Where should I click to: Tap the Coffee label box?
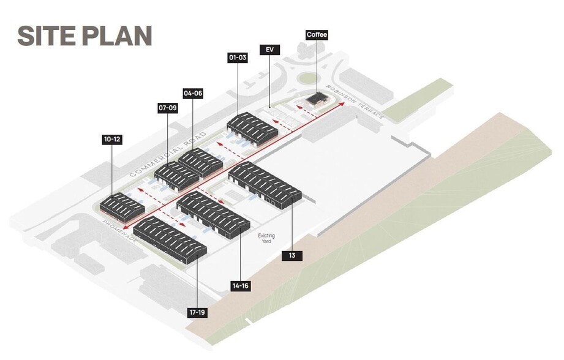click(x=317, y=35)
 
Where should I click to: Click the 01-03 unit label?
click(x=237, y=58)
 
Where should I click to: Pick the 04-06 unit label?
click(x=193, y=94)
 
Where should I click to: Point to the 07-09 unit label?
click(x=167, y=108)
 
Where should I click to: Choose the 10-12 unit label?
click(x=112, y=140)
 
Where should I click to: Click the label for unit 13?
click(x=292, y=256)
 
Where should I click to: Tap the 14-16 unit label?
click(x=241, y=286)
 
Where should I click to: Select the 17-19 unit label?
click(x=197, y=312)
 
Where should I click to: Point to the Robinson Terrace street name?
click(x=355, y=101)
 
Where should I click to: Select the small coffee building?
click(x=317, y=100)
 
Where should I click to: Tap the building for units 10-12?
click(x=121, y=206)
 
